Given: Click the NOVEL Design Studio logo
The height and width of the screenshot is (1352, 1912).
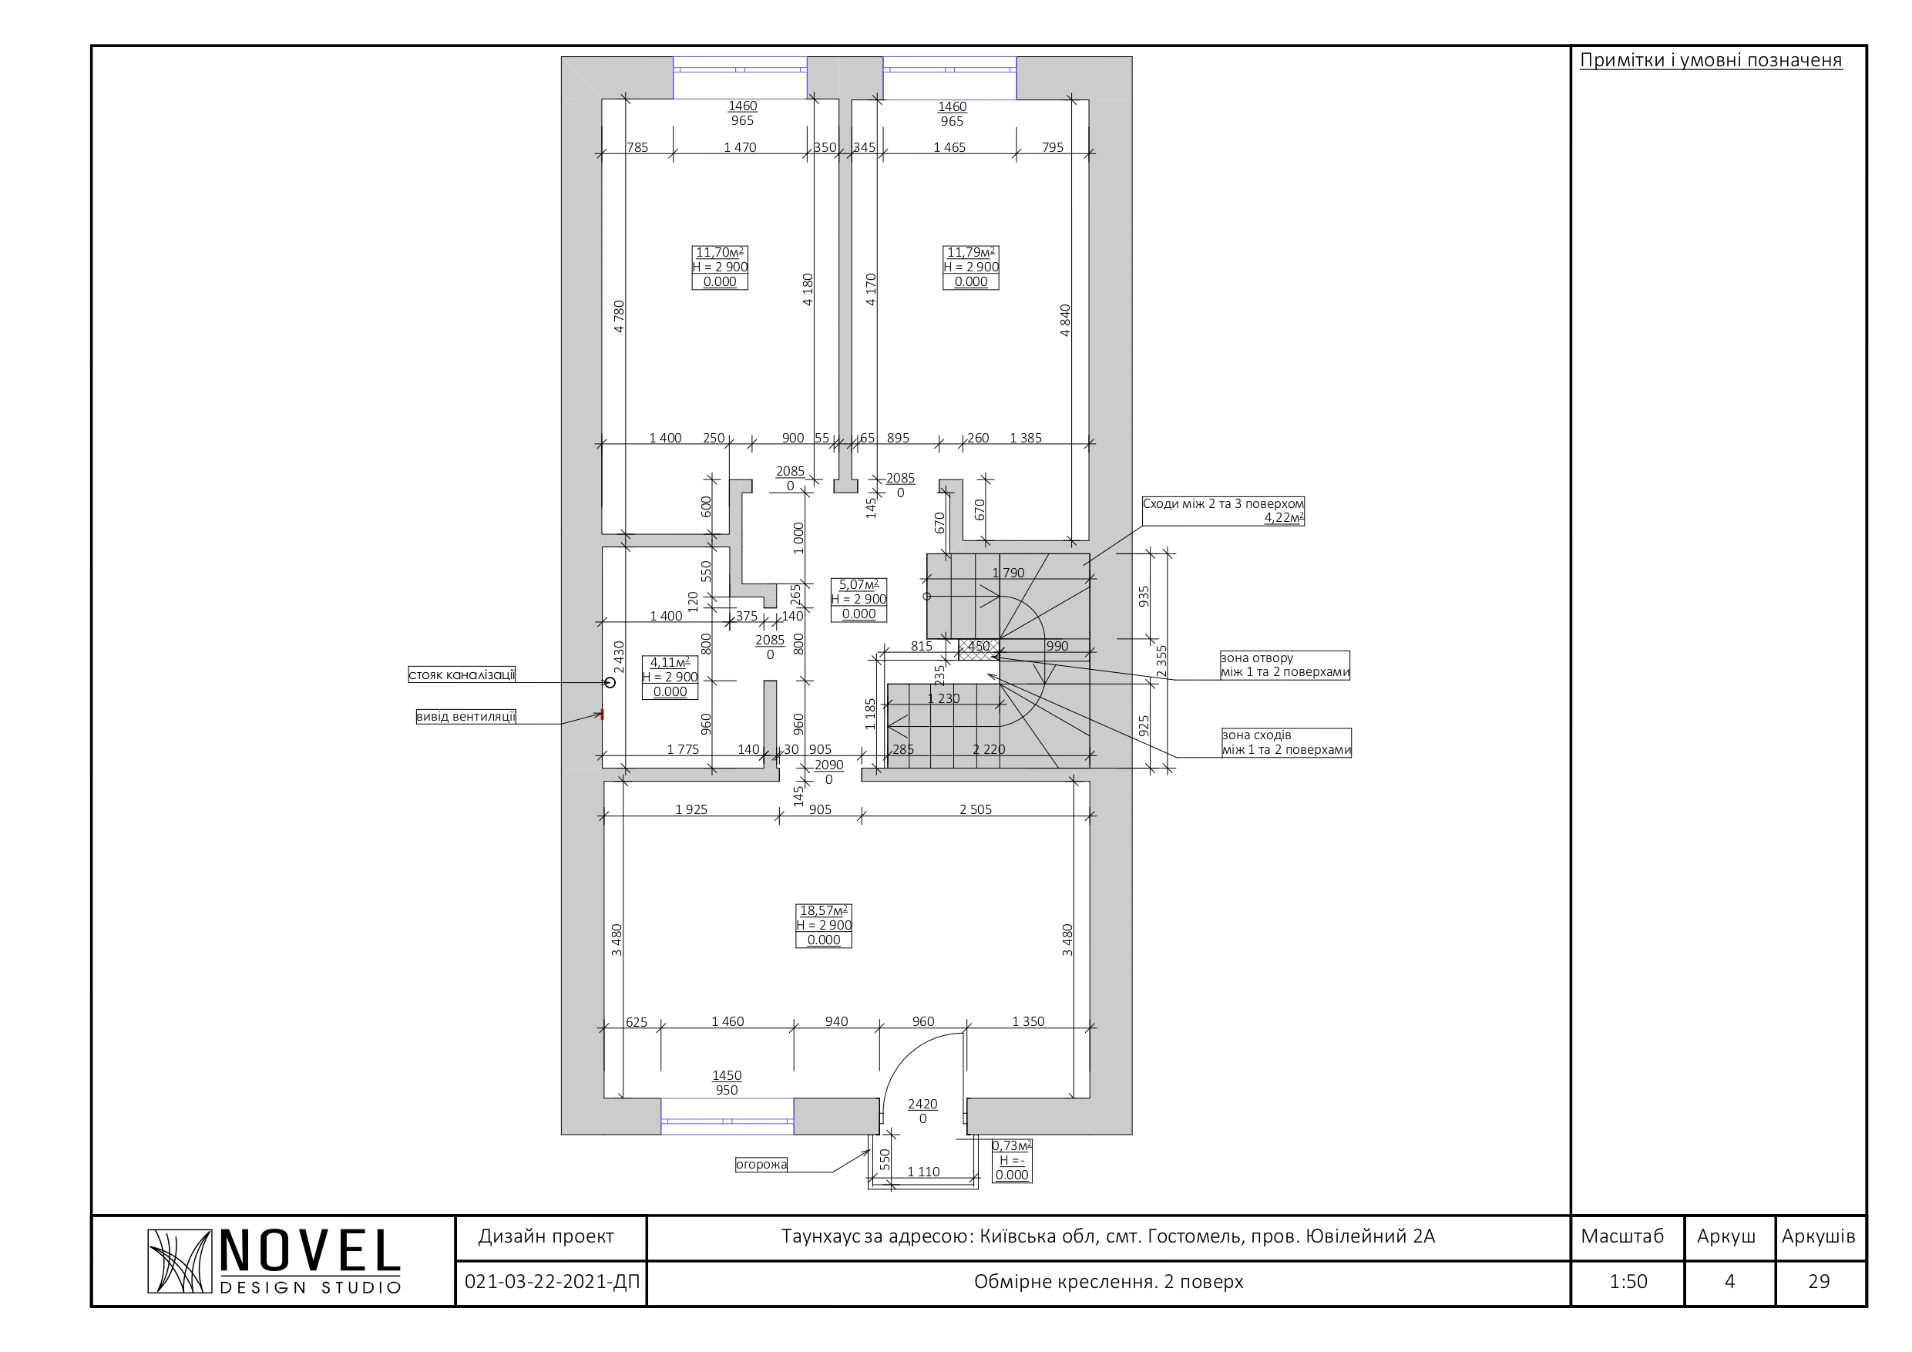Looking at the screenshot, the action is coord(274,1261).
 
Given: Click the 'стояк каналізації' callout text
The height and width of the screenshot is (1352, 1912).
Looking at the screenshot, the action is coord(462,674).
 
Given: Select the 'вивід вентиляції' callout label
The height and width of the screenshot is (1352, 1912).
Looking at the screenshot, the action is coord(465,716).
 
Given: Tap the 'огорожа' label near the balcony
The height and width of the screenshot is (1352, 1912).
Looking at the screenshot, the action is coord(761,1165).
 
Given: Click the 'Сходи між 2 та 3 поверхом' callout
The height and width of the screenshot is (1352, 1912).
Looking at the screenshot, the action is coord(1223,510).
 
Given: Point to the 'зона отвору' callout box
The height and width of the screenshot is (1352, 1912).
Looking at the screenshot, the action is coord(1285,664).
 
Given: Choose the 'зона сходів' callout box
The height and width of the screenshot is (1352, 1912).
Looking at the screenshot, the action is coord(1286,742).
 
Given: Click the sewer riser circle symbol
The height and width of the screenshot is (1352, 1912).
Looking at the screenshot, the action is coord(610,682).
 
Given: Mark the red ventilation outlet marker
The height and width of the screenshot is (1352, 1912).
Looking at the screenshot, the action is coord(602,715).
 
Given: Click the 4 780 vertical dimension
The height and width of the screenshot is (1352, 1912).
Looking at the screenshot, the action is coord(619,317).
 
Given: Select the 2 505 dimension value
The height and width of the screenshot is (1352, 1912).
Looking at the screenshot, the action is coord(975,809).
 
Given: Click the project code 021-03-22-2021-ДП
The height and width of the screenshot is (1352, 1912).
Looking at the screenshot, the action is coord(552,1281).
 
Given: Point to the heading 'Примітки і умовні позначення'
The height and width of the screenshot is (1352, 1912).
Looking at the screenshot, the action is coord(1711,60).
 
